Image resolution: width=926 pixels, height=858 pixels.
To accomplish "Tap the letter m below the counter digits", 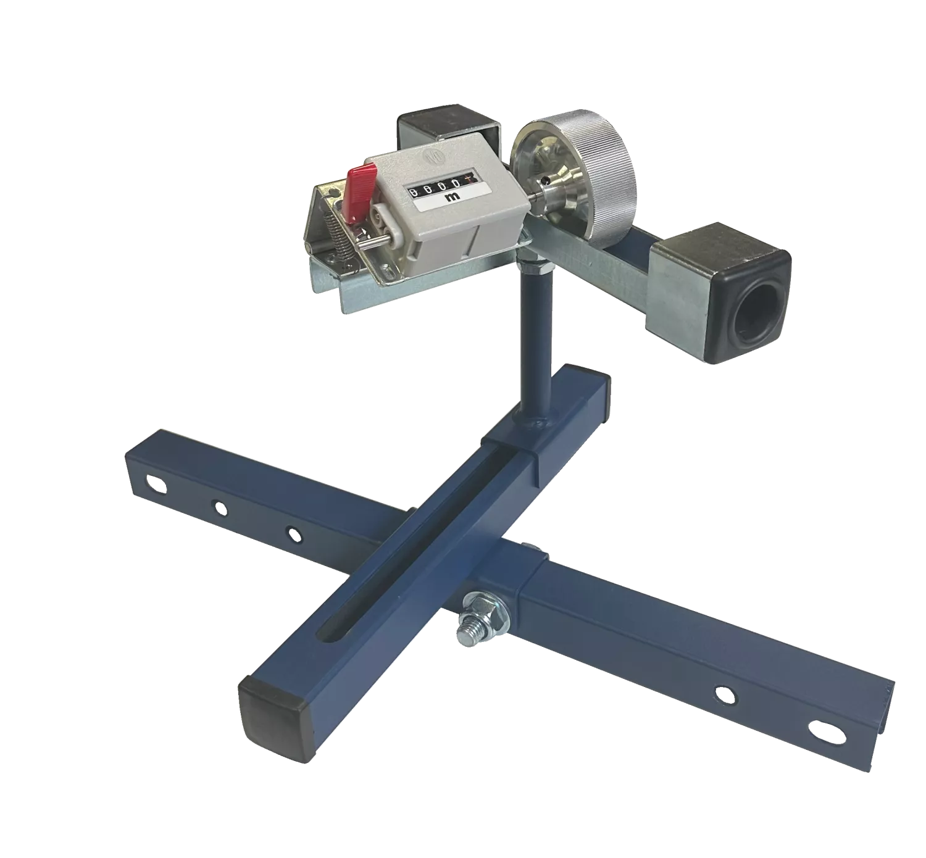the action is coord(453,196).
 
